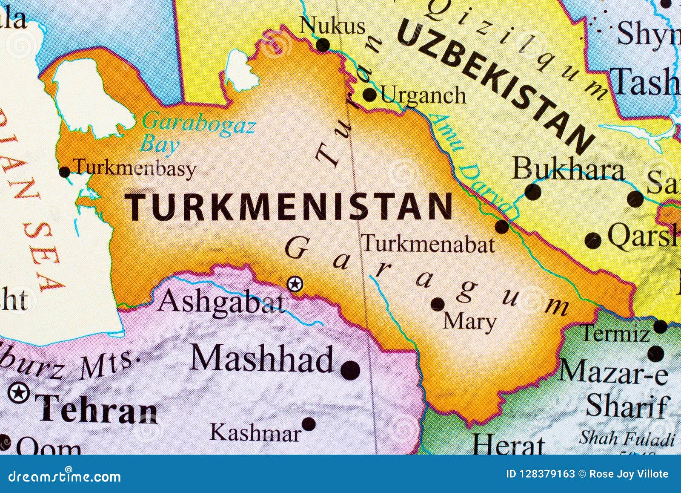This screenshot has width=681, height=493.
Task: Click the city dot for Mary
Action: [438, 304]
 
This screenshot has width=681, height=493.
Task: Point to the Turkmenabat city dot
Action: [503, 227]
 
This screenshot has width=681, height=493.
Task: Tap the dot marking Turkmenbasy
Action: [65, 172]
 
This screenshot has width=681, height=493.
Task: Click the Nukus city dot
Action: [323, 44]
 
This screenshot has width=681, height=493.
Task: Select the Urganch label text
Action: [423, 95]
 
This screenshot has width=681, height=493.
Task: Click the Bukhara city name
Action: [569, 169]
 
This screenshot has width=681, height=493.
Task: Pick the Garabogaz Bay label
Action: [198, 133]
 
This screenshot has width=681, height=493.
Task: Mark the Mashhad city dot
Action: [350, 370]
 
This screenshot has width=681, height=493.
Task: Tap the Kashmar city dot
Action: [309, 424]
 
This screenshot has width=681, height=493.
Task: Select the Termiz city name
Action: [615, 332]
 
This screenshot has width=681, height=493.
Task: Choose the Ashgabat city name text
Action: [222, 302]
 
